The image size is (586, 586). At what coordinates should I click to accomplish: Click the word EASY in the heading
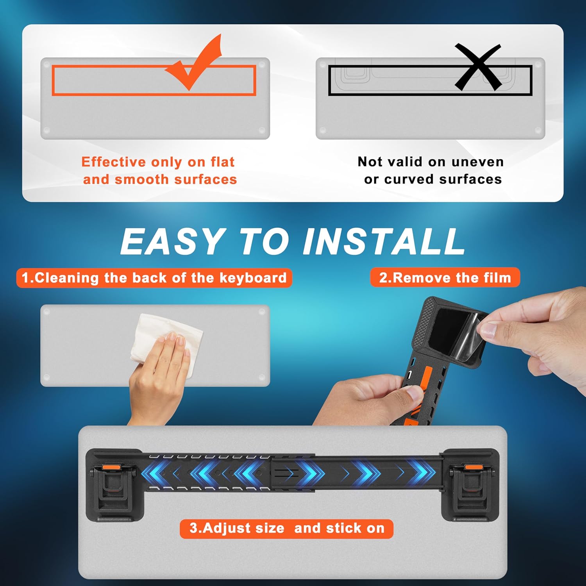pos(172,241)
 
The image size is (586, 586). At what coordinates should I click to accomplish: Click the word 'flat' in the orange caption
pos(222,161)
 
